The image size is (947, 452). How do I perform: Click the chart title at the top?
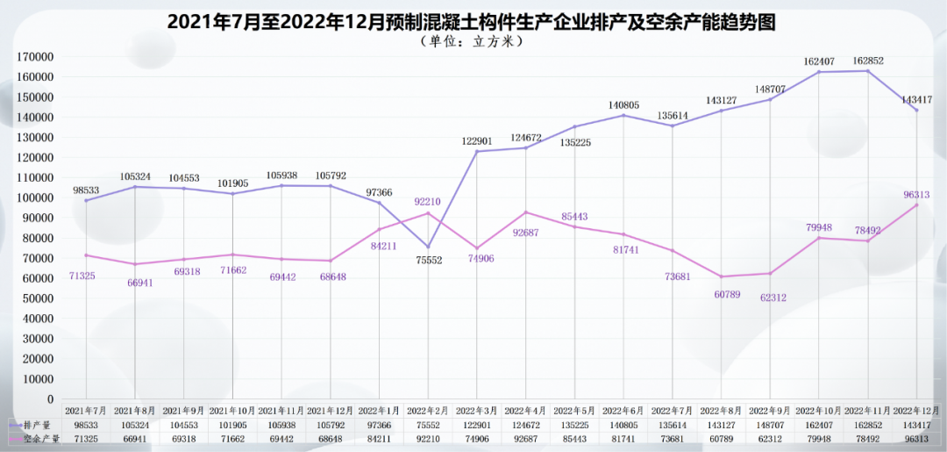pos(473,22)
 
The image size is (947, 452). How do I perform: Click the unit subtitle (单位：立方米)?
pos(473,41)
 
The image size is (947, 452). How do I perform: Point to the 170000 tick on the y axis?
pos(35,57)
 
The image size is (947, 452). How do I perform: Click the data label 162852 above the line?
pos(868,61)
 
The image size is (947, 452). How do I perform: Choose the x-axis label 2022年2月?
pos(428,410)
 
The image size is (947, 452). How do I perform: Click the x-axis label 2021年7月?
pos(86,410)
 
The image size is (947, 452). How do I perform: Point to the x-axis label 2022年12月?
pos(917,410)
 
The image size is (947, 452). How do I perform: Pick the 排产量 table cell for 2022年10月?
pos(819,424)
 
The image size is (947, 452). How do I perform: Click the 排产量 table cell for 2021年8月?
pos(134,424)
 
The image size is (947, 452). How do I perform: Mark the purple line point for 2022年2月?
pos(428,247)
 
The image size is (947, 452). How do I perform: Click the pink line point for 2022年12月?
pos(917,204)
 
